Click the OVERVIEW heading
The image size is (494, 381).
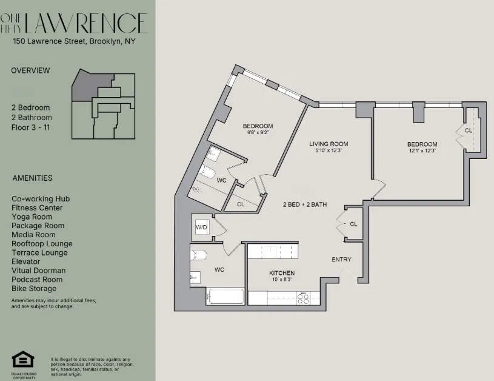30,70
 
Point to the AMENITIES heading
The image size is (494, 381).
32,178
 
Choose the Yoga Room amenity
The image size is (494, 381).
32,217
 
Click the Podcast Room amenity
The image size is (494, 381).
36,280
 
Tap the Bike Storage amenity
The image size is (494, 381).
34,289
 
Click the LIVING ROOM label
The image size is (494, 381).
329,144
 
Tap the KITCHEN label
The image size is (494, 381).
282,274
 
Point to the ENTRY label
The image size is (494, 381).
341,260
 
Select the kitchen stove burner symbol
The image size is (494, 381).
302,297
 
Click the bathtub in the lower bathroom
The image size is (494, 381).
225,297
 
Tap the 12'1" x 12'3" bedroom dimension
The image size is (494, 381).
422,150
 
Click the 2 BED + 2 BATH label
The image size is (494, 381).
304,204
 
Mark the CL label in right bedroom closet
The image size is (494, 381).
469,130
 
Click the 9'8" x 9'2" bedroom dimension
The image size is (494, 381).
258,132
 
